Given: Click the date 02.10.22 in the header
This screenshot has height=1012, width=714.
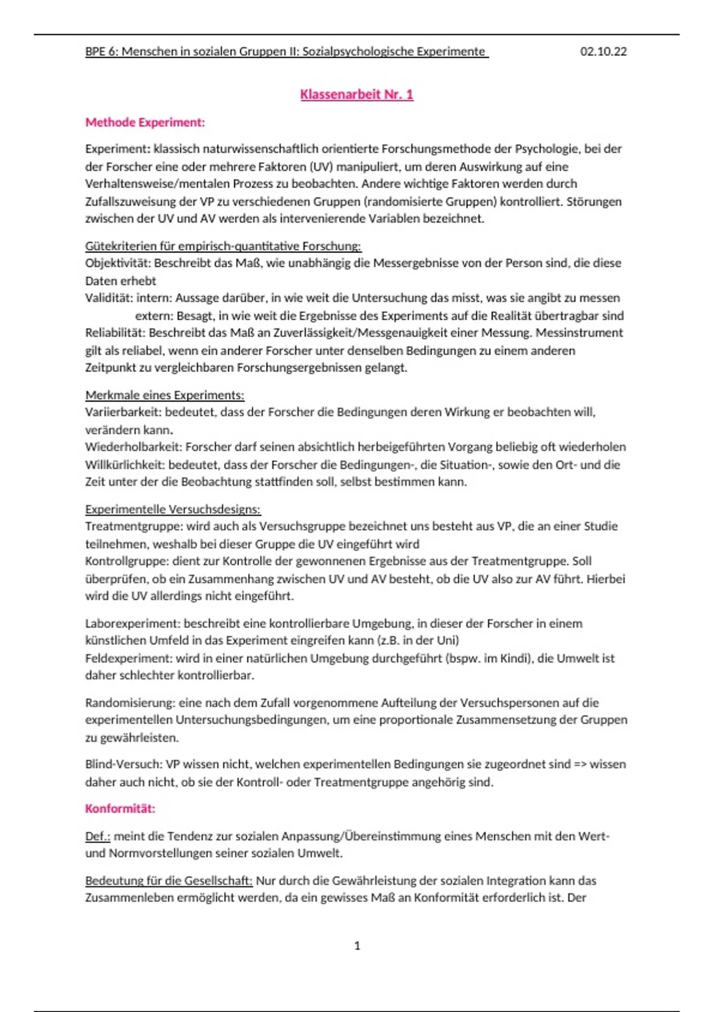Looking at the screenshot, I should [x=603, y=52].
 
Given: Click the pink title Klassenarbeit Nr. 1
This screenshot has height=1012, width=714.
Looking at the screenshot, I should [x=356, y=95].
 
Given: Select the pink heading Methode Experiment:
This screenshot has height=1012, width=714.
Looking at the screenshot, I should [x=145, y=123].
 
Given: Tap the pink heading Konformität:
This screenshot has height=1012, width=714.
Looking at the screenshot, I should [x=120, y=809].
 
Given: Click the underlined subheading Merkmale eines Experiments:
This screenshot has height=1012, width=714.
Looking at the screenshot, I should [x=165, y=395].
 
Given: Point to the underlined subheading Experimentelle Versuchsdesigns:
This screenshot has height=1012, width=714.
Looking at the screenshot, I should [x=173, y=510].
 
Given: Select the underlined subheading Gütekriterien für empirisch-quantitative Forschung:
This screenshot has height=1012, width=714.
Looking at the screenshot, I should [x=223, y=246].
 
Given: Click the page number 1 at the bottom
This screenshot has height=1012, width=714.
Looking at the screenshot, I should [x=357, y=946].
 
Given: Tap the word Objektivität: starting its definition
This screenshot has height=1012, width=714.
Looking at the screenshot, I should [x=118, y=263].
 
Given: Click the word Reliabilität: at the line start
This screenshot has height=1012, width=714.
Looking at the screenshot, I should [x=115, y=333].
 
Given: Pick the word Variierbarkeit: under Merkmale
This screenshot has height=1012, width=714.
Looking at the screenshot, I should [x=123, y=412].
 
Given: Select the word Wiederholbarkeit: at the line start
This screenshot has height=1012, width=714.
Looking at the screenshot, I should [x=133, y=447].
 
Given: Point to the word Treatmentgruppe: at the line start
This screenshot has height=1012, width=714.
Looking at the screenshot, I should [x=134, y=526].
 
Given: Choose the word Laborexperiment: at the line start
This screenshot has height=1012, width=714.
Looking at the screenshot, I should [x=133, y=624].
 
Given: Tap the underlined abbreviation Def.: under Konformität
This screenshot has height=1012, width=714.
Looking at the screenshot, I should [x=98, y=836].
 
